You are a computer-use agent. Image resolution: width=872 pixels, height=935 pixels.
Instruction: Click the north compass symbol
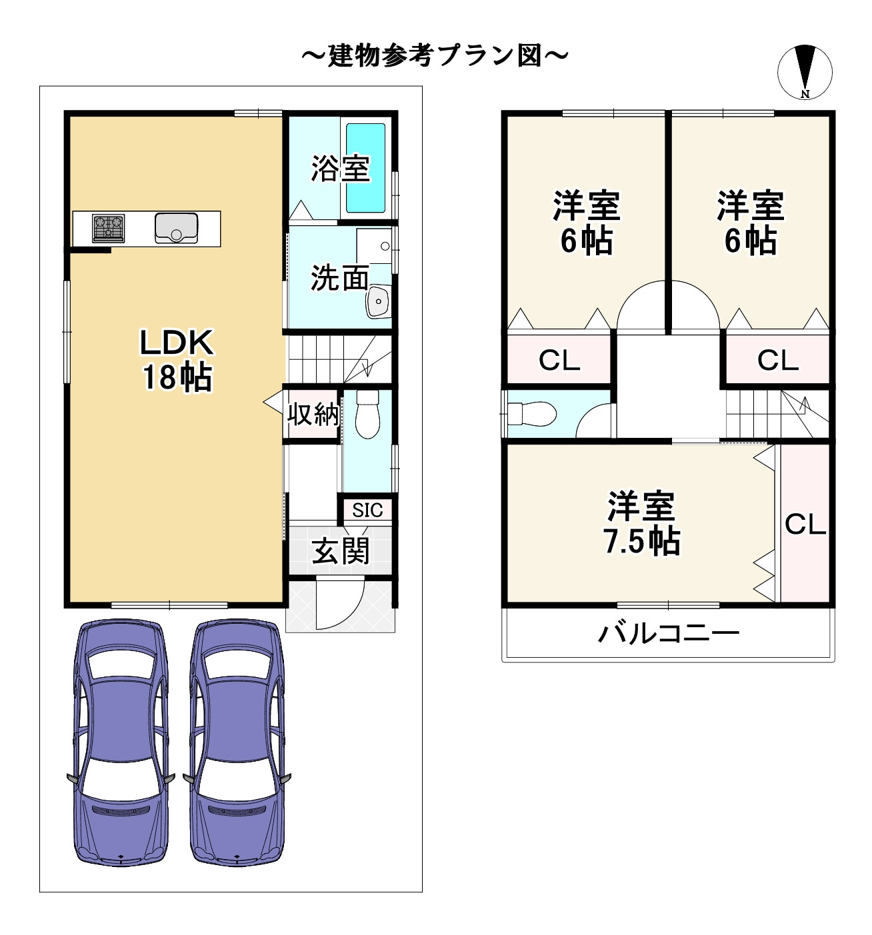point(805,72)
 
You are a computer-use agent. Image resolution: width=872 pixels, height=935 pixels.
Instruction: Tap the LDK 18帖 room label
point(177,360)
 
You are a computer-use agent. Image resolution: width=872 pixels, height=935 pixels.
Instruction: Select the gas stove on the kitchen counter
point(109,228)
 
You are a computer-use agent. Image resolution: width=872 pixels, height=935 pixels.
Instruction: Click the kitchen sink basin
point(176,229)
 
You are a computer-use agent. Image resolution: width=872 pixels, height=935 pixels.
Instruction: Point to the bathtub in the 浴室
point(365,168)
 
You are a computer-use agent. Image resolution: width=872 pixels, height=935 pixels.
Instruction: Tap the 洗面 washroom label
point(339,278)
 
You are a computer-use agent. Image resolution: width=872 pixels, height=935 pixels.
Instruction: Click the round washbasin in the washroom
point(377,301)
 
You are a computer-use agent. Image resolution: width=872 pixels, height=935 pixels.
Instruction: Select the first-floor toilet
point(367,414)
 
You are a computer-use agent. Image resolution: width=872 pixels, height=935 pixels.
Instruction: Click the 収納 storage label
point(313,415)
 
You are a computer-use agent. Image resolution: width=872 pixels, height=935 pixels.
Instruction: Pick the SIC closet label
point(367,510)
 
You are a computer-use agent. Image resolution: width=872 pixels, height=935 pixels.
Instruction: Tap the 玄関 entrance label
point(340,550)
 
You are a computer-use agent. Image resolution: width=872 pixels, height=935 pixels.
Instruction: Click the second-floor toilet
point(532,414)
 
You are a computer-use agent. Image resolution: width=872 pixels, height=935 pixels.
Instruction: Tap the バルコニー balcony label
point(668,634)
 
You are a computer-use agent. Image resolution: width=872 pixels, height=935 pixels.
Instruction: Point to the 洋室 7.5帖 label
point(641,523)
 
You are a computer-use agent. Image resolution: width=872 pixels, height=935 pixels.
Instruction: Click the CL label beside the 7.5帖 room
point(805,524)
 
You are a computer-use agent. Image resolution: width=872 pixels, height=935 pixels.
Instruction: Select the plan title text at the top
point(435,56)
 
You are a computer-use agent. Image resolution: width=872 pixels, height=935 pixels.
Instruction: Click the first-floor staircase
point(340,359)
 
